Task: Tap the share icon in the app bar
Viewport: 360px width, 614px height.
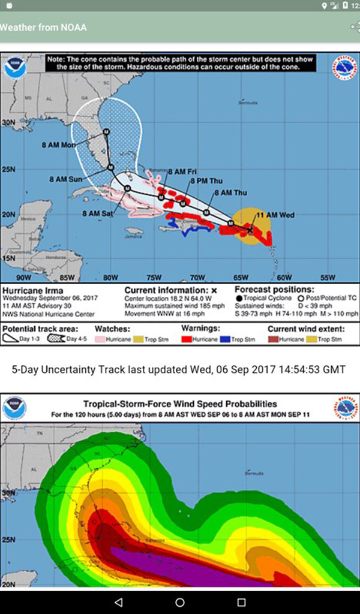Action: [x=355, y=28]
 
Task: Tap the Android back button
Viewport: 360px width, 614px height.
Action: [x=118, y=601]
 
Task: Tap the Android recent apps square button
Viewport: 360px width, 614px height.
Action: [x=241, y=601]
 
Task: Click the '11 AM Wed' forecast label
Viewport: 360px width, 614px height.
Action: [x=275, y=215]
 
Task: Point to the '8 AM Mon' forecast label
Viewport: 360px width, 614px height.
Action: [x=59, y=145]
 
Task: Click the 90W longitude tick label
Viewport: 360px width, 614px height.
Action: [x=23, y=278]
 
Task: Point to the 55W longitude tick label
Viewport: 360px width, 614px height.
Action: [x=328, y=278]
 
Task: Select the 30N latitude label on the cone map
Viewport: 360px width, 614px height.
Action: [x=8, y=122]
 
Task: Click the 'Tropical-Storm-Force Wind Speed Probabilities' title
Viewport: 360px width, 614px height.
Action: [x=180, y=404]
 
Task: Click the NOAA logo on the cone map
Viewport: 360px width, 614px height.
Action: [x=13, y=68]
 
